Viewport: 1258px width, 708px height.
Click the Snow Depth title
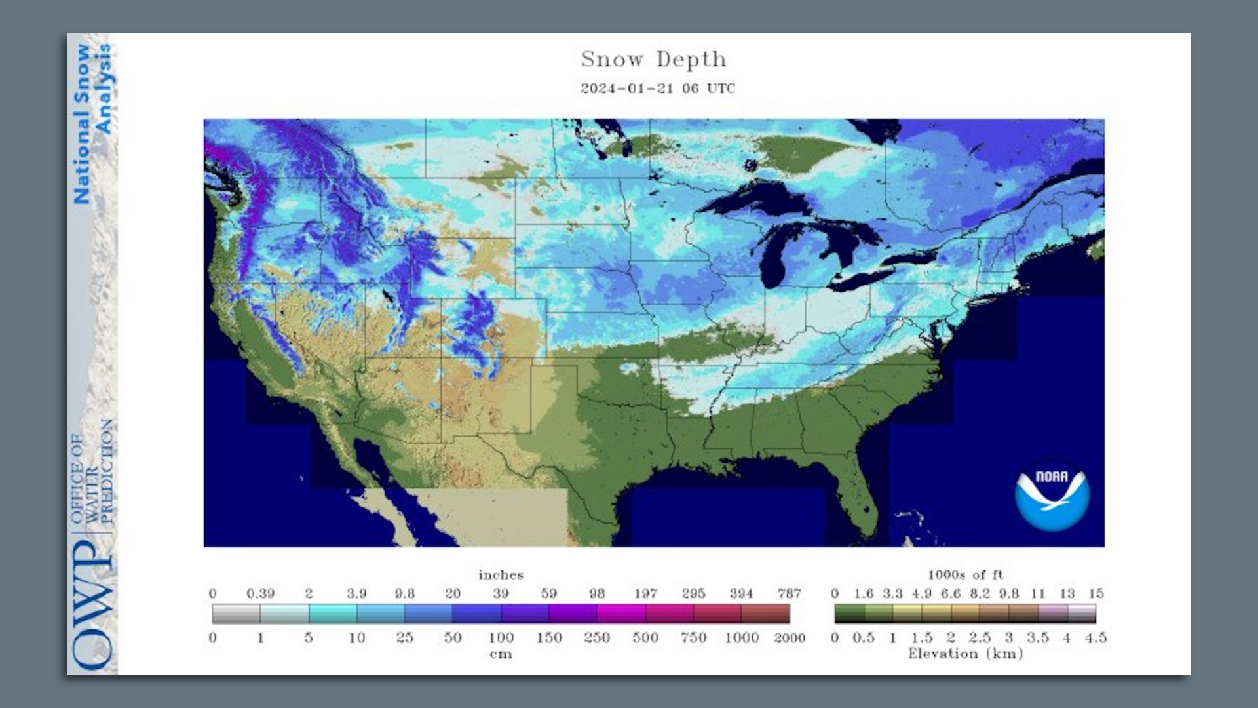click(x=654, y=60)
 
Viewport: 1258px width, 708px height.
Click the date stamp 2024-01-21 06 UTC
click(x=657, y=88)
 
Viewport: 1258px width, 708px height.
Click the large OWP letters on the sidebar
click(x=92, y=606)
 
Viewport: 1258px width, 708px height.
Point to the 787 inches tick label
click(x=789, y=594)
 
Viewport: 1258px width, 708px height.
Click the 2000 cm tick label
click(x=789, y=638)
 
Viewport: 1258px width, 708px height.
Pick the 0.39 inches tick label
click(x=260, y=594)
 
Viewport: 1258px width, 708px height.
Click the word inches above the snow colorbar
click(x=501, y=576)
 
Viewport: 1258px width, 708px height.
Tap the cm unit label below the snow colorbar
click(x=501, y=654)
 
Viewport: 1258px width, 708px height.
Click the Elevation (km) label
click(x=965, y=654)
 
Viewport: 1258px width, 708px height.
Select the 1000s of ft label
click(x=965, y=576)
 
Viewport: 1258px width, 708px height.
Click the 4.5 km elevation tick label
click(x=1095, y=638)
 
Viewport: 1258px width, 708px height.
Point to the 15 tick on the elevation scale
click(x=1096, y=594)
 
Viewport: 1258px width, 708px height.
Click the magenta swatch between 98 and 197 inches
click(x=620, y=614)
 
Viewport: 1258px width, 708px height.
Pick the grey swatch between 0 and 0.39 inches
click(x=236, y=614)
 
